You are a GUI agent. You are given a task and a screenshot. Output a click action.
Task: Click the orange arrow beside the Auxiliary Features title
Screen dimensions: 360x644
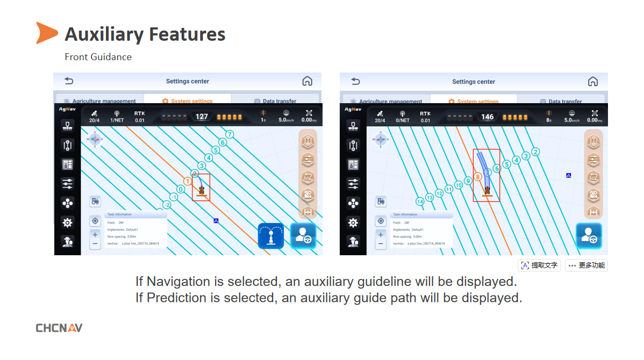(46, 33)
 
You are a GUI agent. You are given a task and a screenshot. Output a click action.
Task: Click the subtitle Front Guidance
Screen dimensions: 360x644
(98, 57)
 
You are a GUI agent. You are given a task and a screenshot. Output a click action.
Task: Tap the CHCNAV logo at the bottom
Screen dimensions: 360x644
(59, 328)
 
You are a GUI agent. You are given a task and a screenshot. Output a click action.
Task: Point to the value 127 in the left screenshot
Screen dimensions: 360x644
(202, 117)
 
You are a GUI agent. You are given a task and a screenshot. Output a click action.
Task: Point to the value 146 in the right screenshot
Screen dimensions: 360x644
(487, 117)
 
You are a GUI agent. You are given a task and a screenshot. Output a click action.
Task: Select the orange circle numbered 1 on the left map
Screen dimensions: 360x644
(188, 182)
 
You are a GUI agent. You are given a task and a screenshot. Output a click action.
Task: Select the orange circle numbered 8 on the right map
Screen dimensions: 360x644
(477, 176)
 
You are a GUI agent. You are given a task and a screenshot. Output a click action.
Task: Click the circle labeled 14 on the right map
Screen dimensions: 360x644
(420, 201)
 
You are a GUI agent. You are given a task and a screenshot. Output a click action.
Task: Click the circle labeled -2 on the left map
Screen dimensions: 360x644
(167, 205)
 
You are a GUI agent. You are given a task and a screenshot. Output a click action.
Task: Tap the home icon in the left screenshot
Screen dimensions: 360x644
(307, 81)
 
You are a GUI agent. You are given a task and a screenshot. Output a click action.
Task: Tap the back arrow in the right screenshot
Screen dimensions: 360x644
(355, 81)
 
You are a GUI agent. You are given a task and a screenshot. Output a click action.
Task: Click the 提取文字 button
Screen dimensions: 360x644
(539, 265)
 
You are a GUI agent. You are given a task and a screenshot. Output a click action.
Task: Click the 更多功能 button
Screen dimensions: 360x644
(586, 265)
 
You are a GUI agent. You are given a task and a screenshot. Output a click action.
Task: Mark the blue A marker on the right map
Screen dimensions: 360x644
(568, 176)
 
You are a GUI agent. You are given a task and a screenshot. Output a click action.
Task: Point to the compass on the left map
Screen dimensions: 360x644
(95, 139)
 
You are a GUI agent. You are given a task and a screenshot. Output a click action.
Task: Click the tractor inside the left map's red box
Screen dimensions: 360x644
(201, 190)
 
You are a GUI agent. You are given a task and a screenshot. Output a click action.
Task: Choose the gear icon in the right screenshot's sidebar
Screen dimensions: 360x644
(353, 222)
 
